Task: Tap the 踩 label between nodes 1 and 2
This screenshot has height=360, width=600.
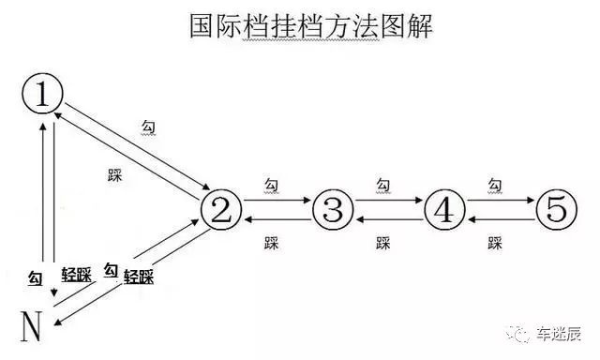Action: (116, 173)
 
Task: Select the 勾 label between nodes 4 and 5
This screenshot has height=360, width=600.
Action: (494, 185)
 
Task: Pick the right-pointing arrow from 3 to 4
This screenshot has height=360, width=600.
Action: (387, 200)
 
